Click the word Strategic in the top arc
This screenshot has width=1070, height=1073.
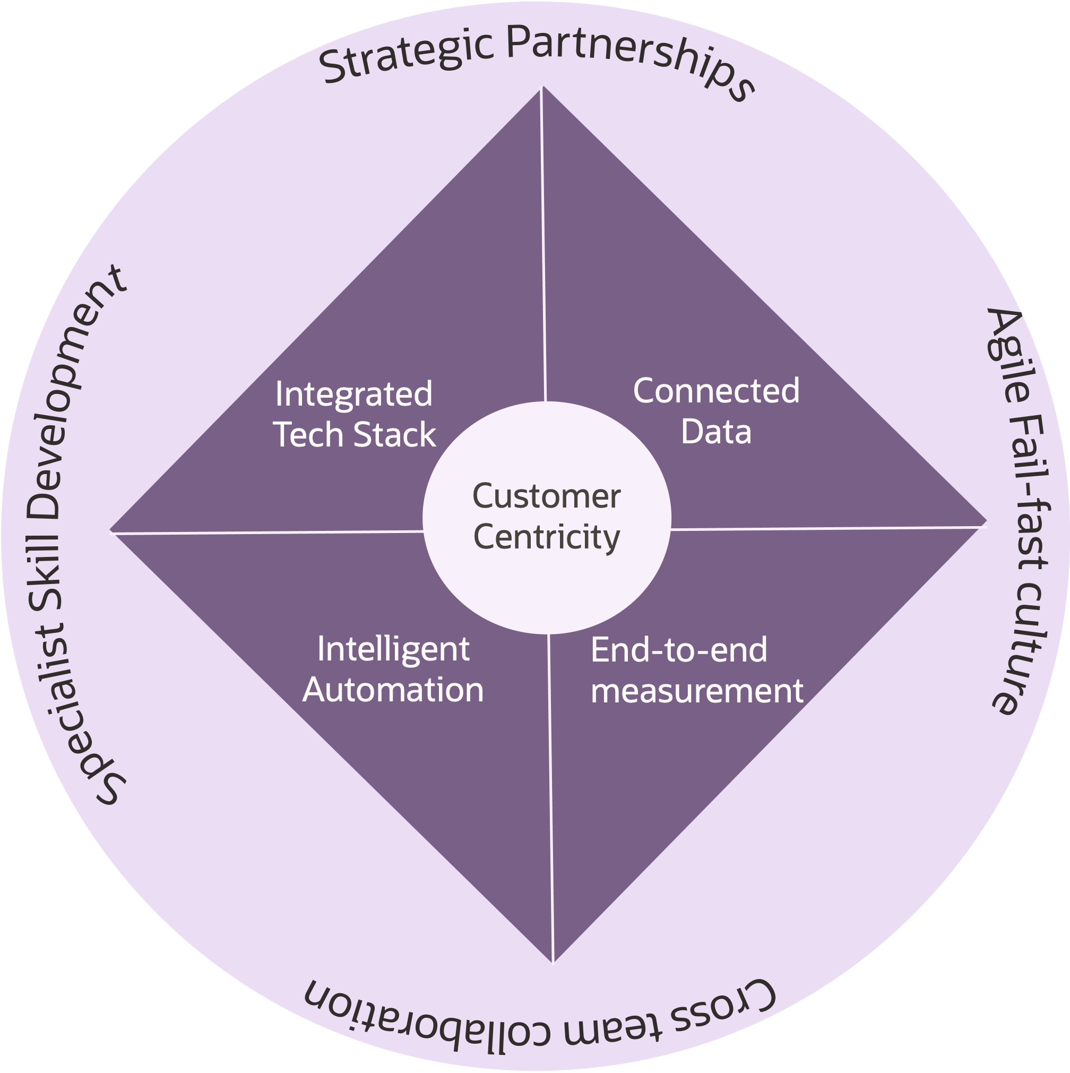coord(406,56)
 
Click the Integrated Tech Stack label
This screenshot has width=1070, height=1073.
coord(354,414)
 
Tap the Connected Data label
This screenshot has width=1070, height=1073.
coord(716,411)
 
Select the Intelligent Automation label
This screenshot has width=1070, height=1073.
coord(393,669)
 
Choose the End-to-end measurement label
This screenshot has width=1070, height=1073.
coord(696,671)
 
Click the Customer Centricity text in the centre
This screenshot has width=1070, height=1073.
coord(546,517)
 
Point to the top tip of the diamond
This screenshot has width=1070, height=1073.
coord(542,88)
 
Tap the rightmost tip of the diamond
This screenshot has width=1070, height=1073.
coord(985,522)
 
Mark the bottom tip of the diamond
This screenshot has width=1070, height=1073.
coord(553,962)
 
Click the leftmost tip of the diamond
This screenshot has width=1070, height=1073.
coord(111,531)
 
